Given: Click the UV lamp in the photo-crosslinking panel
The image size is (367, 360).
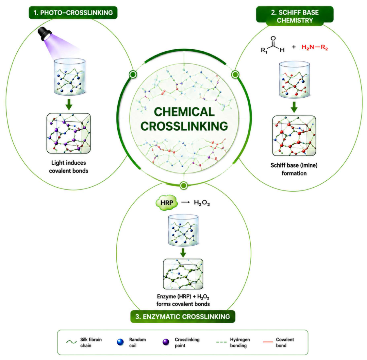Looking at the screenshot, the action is click(x=44, y=33).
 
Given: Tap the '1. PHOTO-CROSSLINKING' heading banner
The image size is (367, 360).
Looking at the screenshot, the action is click(x=73, y=13).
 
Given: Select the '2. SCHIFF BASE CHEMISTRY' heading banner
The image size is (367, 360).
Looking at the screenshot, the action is click(x=295, y=16).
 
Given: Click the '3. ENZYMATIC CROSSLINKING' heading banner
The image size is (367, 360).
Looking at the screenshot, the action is click(x=183, y=317).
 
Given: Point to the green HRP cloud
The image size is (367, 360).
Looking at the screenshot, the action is click(x=167, y=203).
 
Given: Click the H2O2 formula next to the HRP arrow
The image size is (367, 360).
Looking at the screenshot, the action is click(x=202, y=203).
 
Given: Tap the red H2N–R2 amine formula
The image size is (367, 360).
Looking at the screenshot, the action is click(x=315, y=47).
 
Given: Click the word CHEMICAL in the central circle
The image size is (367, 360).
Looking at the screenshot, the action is click(x=184, y=112).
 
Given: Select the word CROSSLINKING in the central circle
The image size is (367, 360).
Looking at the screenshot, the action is click(x=184, y=126).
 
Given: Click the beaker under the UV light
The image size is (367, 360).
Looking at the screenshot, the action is click(x=70, y=77).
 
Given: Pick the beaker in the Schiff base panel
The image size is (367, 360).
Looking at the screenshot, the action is click(x=294, y=79).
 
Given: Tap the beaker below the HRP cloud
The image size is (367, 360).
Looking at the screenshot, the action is click(x=183, y=230).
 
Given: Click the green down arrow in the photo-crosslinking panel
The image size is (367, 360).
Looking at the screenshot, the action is click(x=69, y=104).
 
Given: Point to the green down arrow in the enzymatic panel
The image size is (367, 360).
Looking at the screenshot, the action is click(x=183, y=253).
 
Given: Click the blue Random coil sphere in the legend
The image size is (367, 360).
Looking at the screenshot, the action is click(x=120, y=342).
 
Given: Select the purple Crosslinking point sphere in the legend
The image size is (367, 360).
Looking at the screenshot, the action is click(x=166, y=342).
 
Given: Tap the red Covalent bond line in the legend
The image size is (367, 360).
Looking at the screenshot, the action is click(x=268, y=342).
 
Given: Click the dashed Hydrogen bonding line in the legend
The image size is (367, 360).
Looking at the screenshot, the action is click(x=222, y=342).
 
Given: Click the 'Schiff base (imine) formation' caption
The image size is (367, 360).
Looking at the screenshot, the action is click(x=294, y=169).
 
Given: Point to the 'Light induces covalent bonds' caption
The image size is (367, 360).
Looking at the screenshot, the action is click(x=69, y=167).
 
